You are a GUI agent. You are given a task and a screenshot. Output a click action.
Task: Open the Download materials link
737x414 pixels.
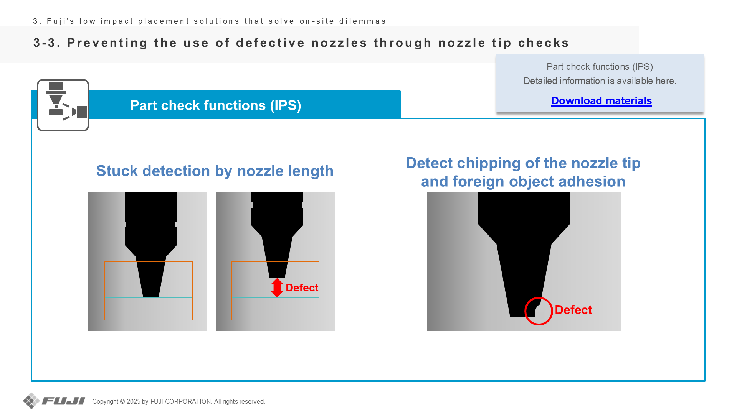point(601,100)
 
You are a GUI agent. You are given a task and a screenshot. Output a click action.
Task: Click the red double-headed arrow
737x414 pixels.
point(277,287)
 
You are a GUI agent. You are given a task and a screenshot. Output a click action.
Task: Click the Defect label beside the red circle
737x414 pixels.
point(573,310)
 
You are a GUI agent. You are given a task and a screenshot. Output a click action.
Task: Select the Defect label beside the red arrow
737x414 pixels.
point(302,287)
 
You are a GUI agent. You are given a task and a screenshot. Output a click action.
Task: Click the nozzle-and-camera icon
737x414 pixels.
point(63,105)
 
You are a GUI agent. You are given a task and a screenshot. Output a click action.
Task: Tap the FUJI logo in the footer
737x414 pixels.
point(54,401)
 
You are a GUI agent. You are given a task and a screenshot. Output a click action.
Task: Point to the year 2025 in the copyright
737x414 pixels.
point(134,401)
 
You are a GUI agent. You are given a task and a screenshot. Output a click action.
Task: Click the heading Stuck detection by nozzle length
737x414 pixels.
point(215,171)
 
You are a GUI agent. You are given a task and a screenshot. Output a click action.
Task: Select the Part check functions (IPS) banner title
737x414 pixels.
point(216,105)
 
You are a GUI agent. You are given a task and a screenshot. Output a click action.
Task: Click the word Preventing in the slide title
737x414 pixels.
point(108,43)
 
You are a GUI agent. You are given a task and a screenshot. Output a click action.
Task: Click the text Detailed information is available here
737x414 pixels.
point(600,81)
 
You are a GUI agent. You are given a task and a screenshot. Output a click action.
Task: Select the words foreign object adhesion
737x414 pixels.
point(539,181)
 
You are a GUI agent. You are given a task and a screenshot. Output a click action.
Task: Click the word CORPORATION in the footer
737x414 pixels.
point(188,401)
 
